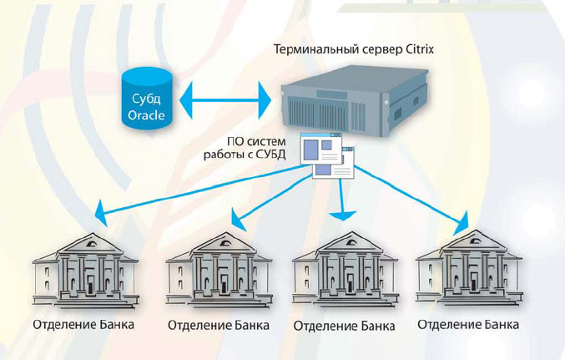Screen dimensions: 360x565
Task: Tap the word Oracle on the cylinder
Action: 146,114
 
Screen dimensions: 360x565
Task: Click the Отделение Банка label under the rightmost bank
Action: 468,324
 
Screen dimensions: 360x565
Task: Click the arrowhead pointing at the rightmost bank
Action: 462,225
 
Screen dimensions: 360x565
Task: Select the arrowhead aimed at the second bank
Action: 237,221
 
